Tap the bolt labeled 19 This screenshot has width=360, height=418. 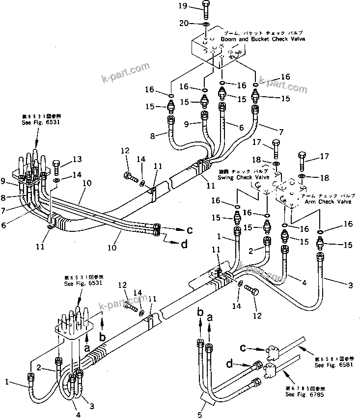205,8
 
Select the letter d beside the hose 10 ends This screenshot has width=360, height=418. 184,244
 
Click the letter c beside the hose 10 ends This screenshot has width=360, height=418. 190,230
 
